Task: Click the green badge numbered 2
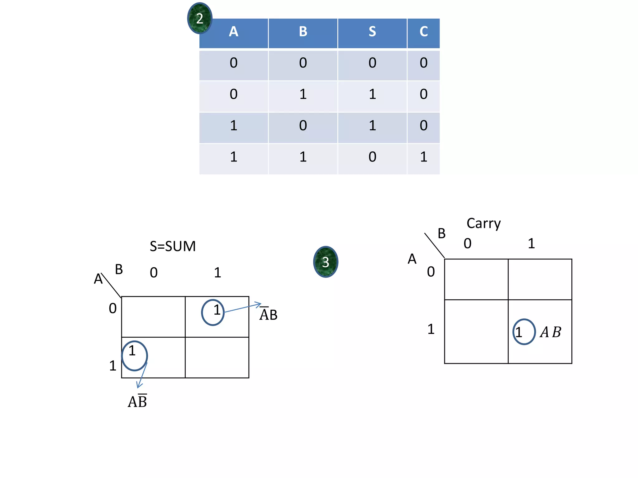200,18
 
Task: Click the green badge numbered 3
326,262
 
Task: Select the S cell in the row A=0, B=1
372,94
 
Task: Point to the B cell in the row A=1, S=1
303,126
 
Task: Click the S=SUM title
173,246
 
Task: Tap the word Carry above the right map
483,223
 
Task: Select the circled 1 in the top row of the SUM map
213,312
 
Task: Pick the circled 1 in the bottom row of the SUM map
134,355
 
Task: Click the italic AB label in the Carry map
550,332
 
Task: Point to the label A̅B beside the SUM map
268,314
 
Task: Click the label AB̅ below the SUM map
137,401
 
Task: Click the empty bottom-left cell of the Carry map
476,331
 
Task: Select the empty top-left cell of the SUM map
153,316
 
